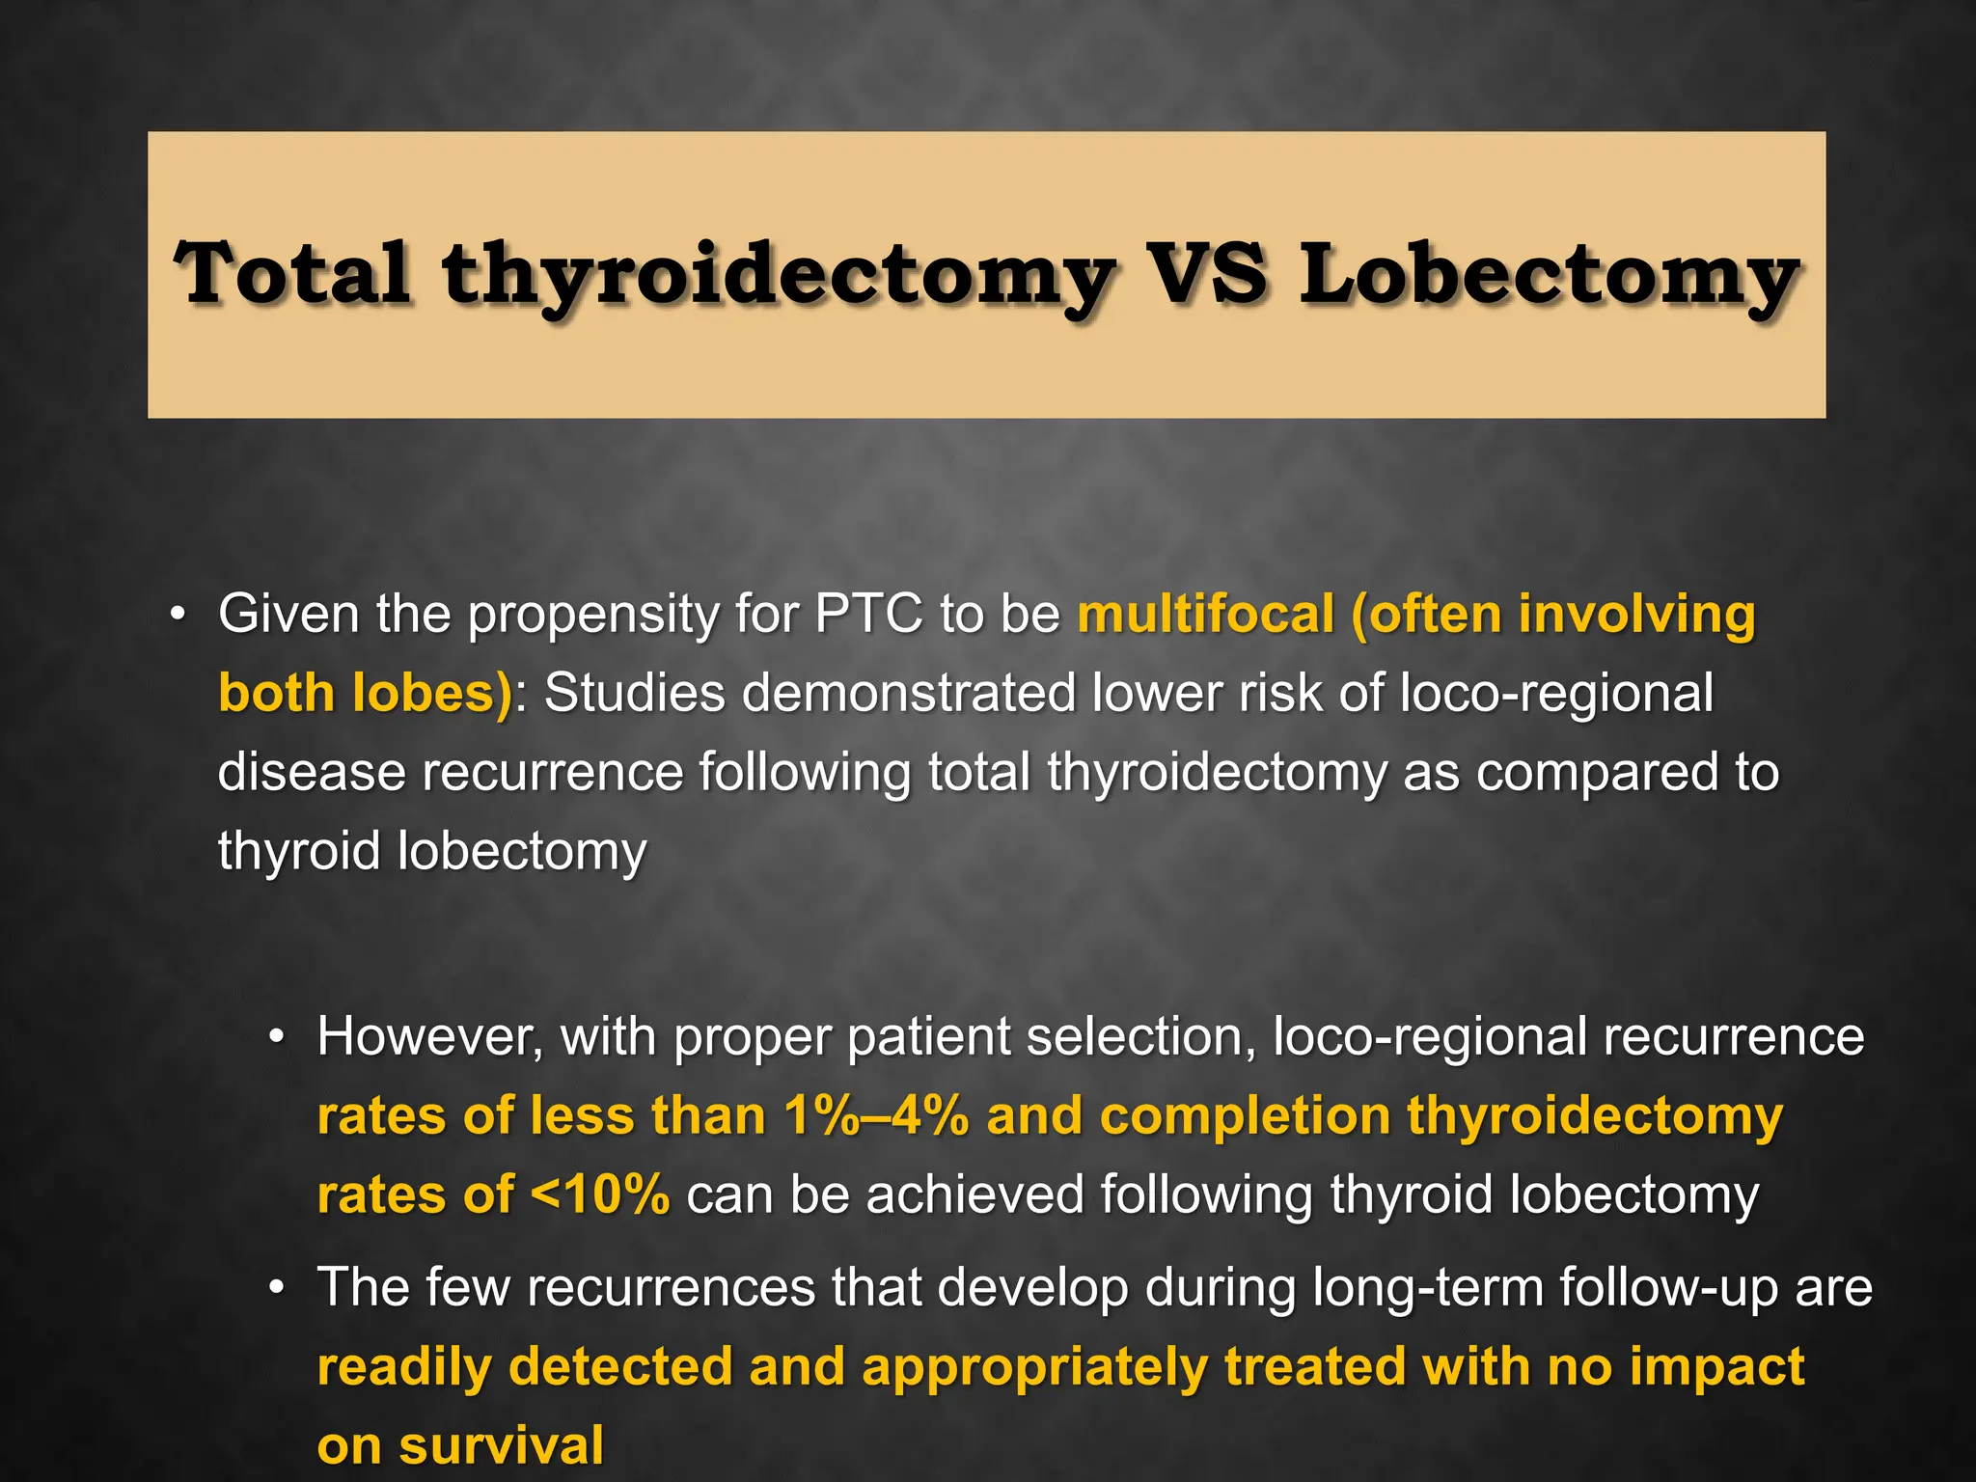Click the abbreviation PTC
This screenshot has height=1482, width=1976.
[868, 614]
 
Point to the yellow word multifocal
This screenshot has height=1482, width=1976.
[1206, 614]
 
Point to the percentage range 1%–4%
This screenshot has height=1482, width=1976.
[876, 1116]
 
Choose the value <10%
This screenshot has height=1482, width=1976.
[600, 1195]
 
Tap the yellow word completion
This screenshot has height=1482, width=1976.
[1245, 1116]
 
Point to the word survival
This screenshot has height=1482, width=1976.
[502, 1446]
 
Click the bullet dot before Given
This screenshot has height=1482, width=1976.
[177, 615]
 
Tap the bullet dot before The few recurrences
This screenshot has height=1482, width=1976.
[278, 1288]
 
